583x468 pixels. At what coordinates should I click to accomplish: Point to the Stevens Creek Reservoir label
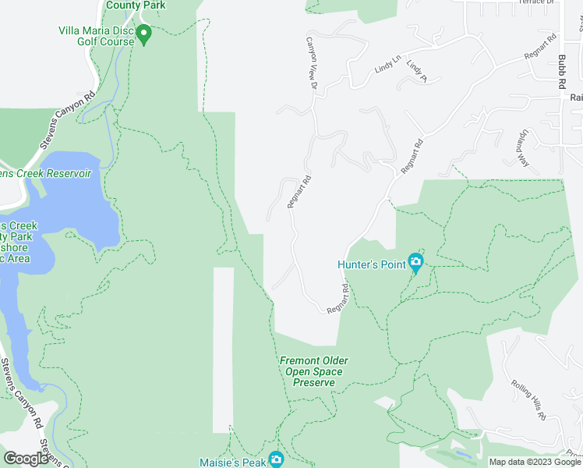click(x=47, y=173)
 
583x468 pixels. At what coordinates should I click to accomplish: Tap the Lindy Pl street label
click(x=417, y=71)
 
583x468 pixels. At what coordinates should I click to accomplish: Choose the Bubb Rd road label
click(x=561, y=66)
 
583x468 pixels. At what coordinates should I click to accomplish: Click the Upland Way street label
click(x=520, y=147)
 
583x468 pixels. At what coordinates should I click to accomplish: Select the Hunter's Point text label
click(x=372, y=264)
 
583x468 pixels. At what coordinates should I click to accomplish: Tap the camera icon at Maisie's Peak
click(x=276, y=459)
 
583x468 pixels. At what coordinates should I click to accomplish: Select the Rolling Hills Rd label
click(x=528, y=400)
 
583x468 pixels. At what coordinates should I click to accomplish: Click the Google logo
click(x=26, y=459)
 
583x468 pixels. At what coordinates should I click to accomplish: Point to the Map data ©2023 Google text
click(x=534, y=462)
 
